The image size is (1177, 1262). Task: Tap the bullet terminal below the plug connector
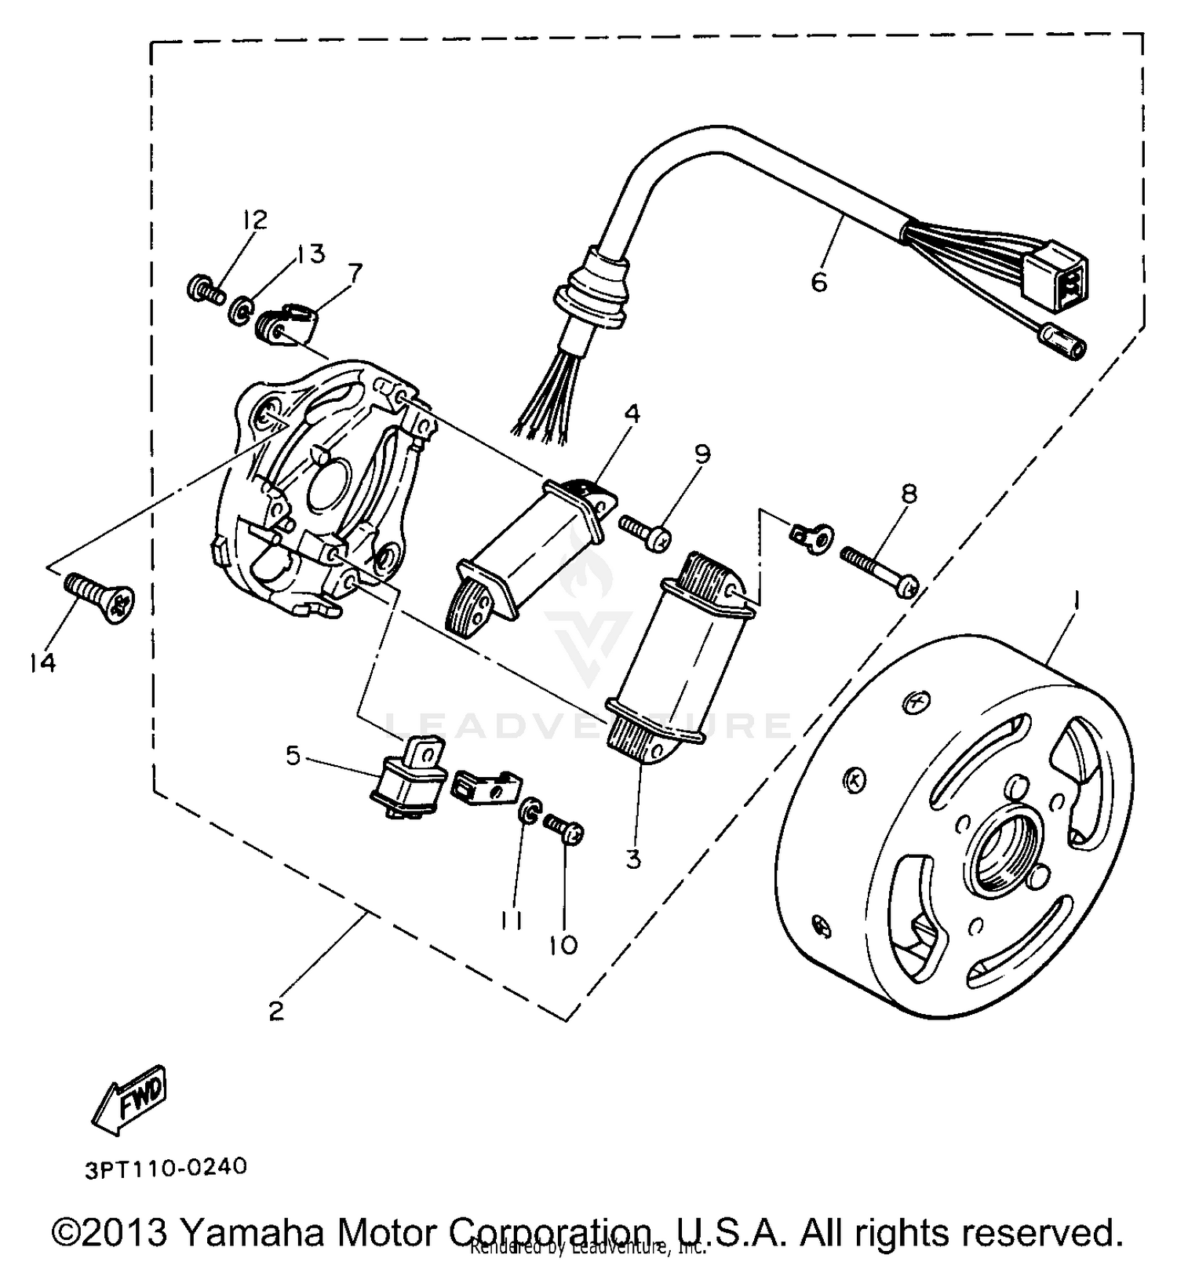click(1060, 344)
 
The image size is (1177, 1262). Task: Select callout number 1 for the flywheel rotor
click(1076, 602)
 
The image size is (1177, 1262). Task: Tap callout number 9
click(702, 454)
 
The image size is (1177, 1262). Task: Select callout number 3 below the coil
click(633, 859)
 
